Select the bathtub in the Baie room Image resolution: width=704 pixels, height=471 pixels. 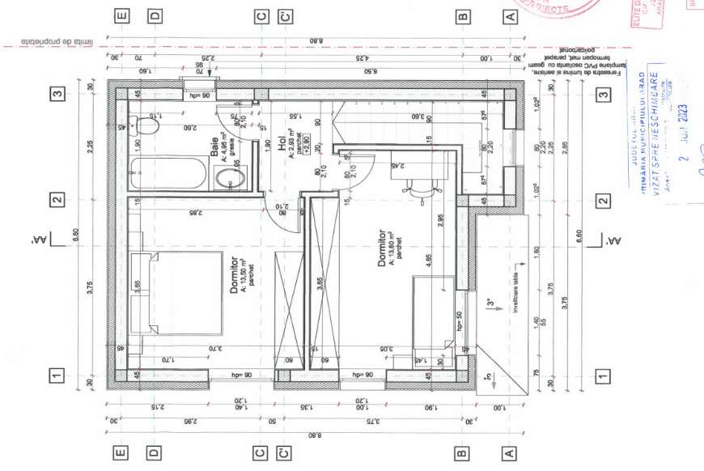[170, 173]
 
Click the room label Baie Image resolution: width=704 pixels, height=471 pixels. [214, 146]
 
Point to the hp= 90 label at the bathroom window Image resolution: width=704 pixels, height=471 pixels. [198, 95]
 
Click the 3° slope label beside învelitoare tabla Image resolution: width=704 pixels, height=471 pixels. [489, 305]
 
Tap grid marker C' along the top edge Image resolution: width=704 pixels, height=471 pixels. [284, 15]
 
